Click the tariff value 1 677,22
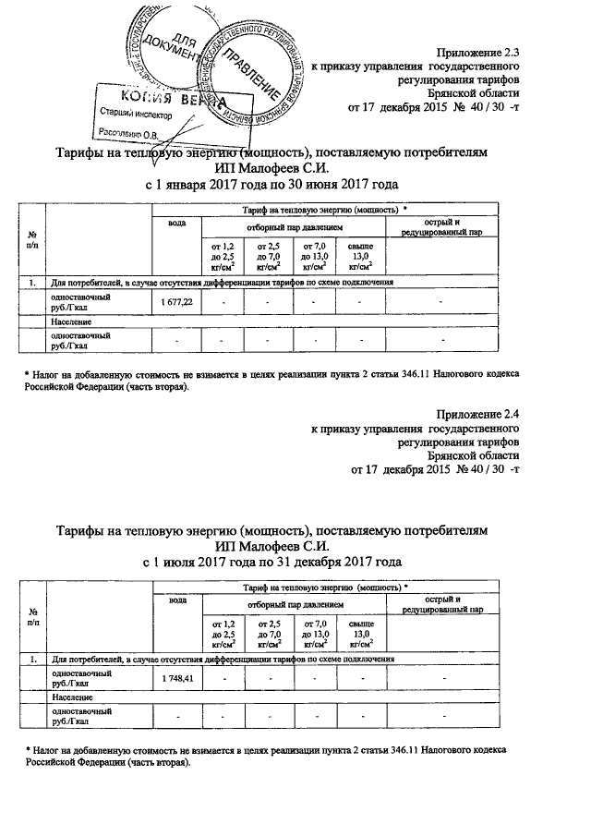click(x=175, y=303)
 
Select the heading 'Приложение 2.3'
click(x=480, y=53)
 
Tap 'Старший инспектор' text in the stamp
click(x=129, y=115)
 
